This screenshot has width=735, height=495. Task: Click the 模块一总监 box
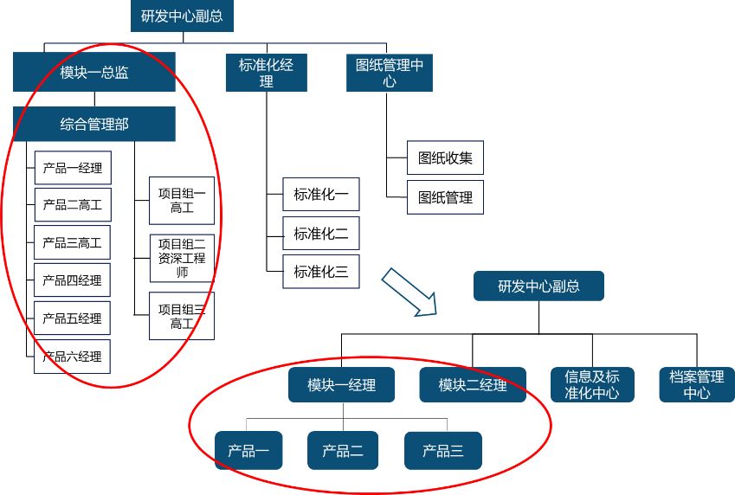pos(94,73)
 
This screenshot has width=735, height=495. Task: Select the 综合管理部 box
pos(94,125)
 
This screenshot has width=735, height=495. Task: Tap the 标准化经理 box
pos(266,73)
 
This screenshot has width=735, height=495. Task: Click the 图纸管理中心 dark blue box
pos(390,73)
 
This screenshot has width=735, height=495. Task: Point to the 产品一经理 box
pos(73,168)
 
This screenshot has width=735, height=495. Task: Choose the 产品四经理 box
pos(73,280)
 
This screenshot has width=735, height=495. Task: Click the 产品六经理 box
pos(73,356)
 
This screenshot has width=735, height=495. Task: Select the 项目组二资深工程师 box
pos(182,258)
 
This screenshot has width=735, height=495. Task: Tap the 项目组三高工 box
pos(182,316)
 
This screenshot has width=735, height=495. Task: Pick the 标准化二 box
pos(320,234)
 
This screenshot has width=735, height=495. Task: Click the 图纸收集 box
pos(445,158)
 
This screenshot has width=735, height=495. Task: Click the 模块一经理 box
pos(341,385)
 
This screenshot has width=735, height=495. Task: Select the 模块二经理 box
pos(473,385)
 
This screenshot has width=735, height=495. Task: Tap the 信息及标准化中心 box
pos(592,385)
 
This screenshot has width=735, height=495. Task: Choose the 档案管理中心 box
pos(697,385)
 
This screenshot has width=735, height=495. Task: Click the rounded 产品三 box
pos(443,450)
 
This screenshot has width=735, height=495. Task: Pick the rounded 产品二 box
pos(343,450)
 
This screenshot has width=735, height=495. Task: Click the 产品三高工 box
pos(73,242)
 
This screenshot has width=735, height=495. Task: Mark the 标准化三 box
pos(320,272)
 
